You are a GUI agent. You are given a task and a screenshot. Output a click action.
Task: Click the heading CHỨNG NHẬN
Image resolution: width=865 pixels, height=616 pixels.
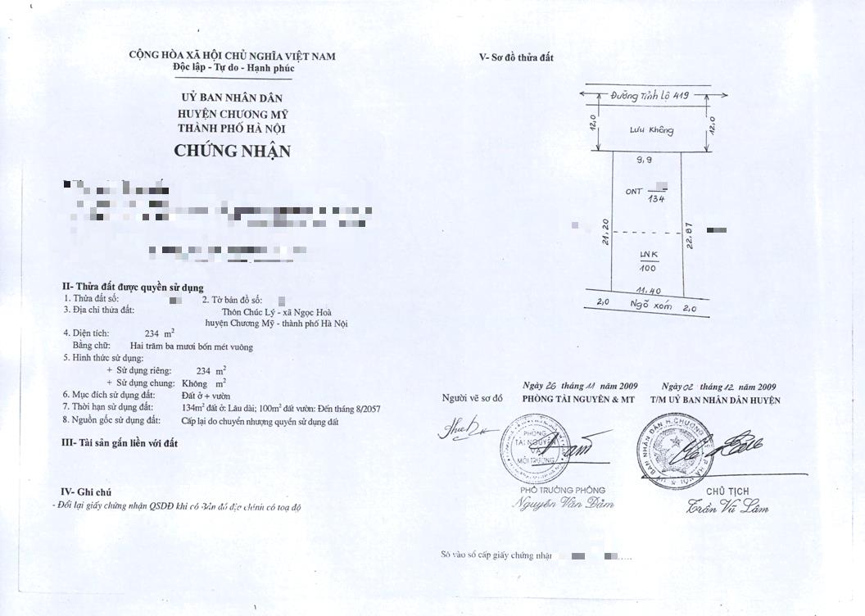tap(232, 152)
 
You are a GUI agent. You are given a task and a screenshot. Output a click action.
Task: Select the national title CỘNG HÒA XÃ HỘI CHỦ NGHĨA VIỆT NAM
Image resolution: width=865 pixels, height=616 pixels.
tap(232, 56)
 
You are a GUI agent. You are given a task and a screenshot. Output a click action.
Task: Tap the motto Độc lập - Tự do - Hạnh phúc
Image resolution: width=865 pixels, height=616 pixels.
tap(233, 68)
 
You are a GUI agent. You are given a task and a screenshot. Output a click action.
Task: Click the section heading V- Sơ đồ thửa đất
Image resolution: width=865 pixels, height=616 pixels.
tap(516, 57)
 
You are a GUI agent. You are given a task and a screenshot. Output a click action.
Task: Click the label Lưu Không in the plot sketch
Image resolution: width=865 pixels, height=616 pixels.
tap(651, 130)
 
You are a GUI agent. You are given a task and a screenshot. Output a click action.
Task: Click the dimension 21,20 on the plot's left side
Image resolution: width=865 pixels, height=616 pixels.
tap(605, 232)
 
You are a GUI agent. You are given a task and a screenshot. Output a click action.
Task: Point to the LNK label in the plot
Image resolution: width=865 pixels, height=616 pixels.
tap(648, 256)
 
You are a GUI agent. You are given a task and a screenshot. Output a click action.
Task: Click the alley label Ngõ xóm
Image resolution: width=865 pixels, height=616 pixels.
tap(651, 306)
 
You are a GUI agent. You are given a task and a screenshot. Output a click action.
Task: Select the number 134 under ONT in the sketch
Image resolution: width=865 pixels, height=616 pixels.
tap(655, 198)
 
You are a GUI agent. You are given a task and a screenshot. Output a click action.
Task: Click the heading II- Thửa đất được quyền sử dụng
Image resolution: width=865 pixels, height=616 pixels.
tap(133, 287)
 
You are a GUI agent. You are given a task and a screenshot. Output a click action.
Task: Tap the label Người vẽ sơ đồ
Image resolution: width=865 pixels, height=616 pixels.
tap(472, 398)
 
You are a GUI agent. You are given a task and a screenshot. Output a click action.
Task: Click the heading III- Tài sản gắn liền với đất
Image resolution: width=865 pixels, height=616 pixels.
tap(120, 443)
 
